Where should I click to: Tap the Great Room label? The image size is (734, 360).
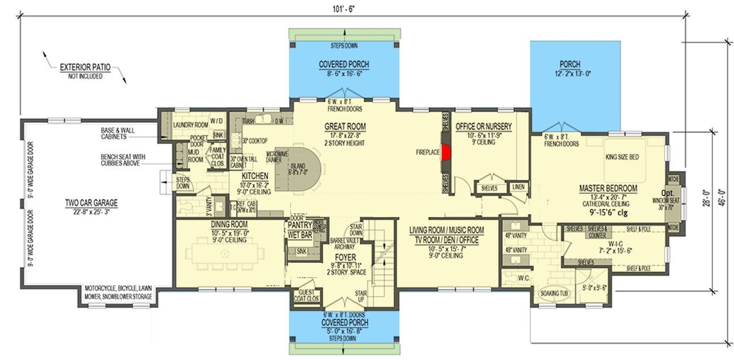coord(345,127)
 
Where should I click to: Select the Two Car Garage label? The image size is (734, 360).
coord(91,202)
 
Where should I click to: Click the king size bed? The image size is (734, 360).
coord(622,157)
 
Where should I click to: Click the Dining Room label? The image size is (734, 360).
coord(229,224)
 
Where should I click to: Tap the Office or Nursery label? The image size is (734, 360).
coord(483,126)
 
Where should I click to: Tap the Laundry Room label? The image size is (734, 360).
coord(191,124)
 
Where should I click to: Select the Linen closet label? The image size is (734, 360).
coord(518,187)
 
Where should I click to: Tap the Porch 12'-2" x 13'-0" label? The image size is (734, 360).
coord(569,64)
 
